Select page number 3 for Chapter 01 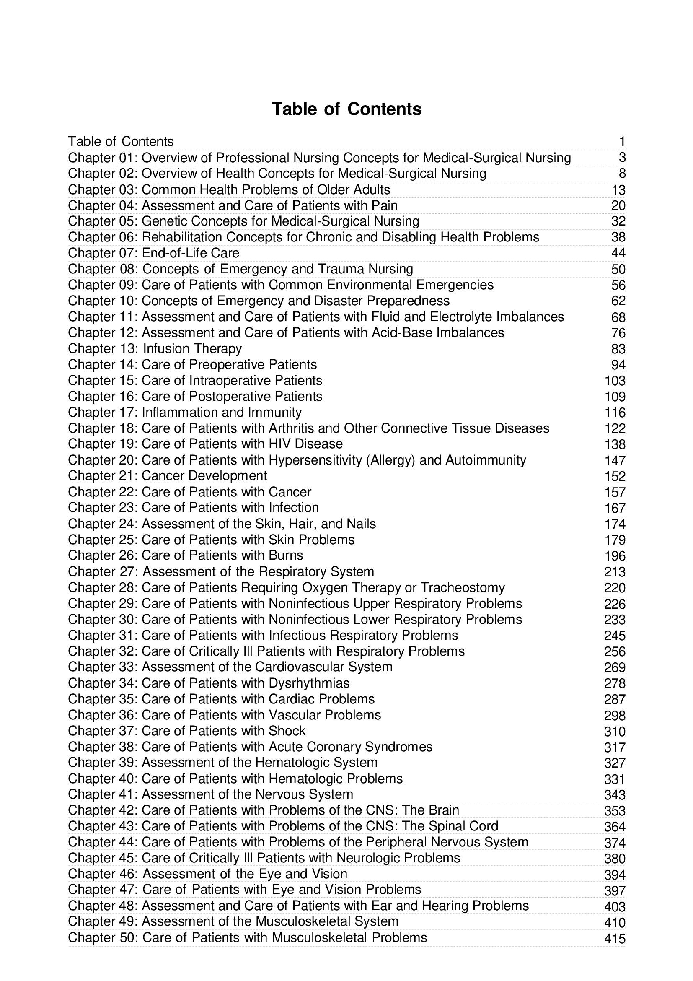622,158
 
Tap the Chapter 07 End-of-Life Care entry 154,253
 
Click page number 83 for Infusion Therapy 618,349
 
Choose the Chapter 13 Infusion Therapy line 155,349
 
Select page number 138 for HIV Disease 615,445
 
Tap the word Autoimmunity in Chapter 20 486,461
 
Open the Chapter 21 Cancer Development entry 167,476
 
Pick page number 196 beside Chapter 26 615,556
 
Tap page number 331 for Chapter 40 615,779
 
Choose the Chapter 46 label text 103,874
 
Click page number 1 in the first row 622,142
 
